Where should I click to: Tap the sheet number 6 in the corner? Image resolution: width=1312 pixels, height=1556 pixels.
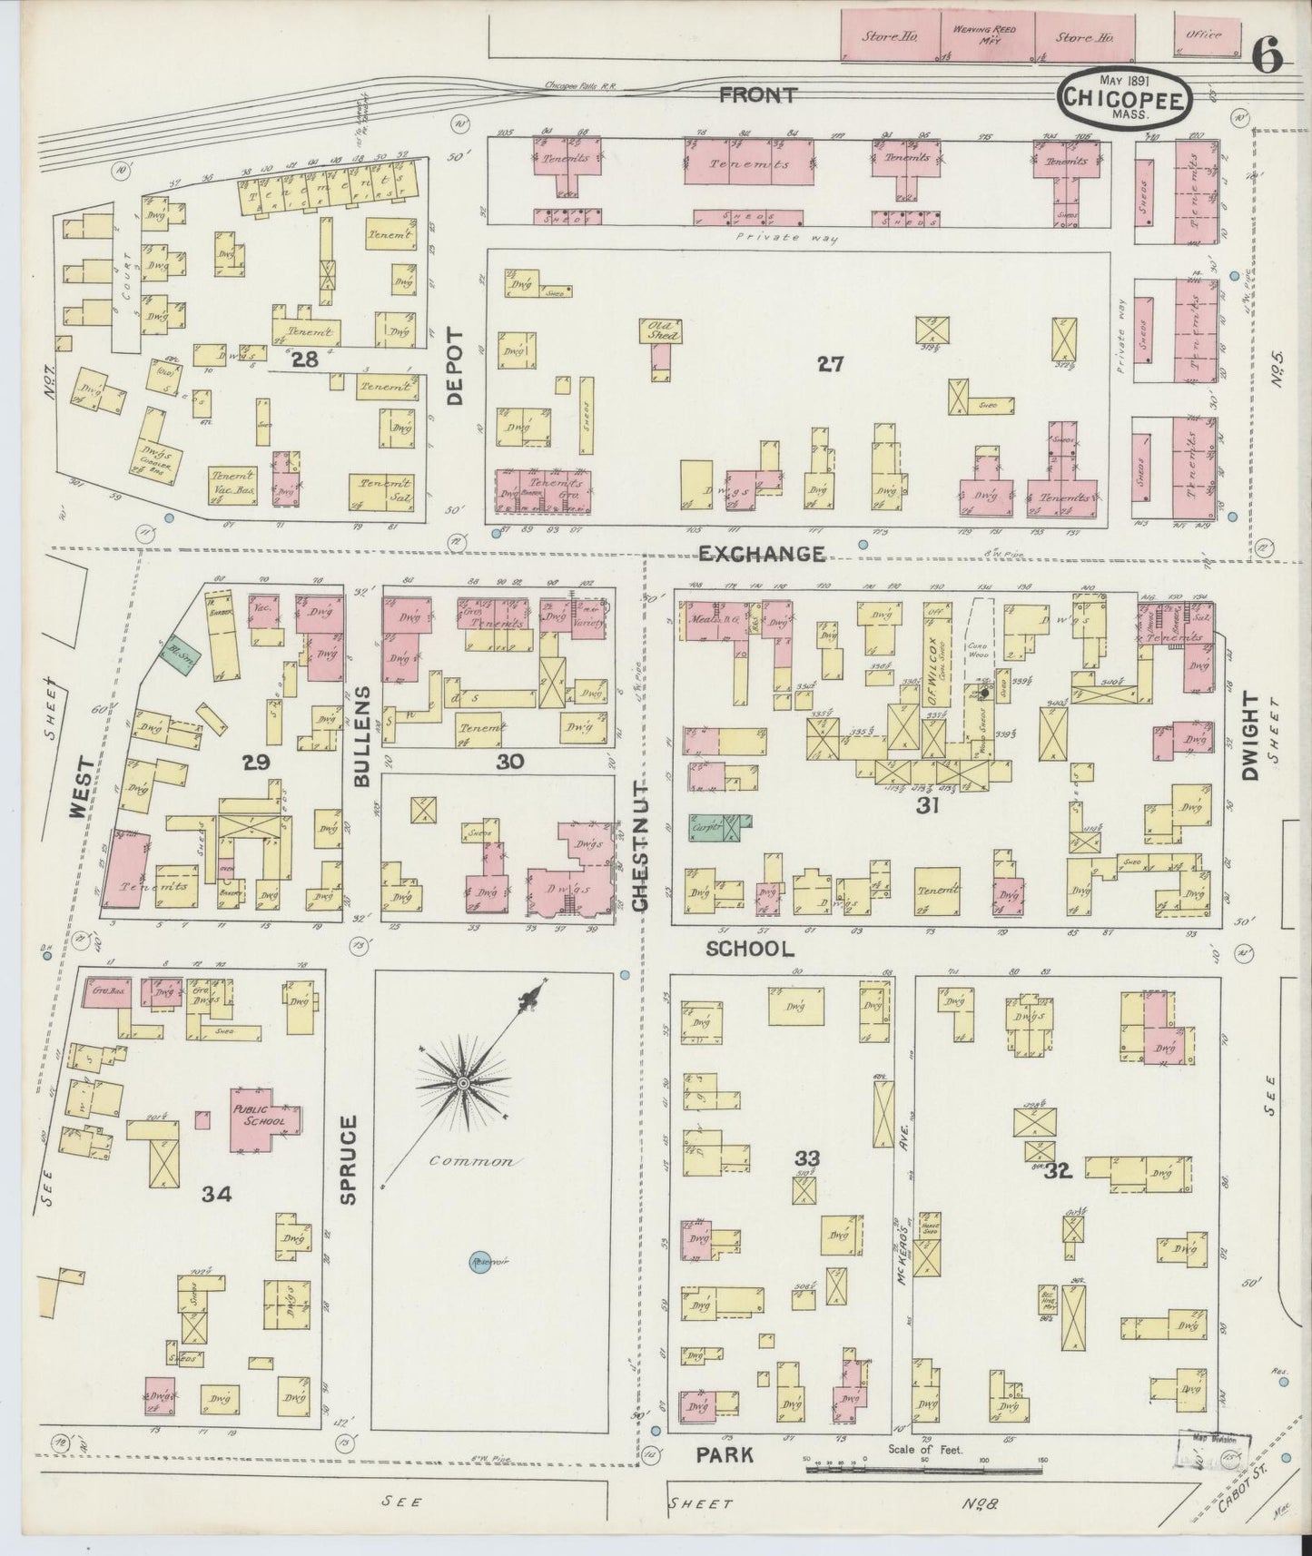pos(1268,57)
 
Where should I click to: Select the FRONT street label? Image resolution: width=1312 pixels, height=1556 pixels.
pos(759,94)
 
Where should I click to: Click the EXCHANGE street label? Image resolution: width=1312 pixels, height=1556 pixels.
pos(762,553)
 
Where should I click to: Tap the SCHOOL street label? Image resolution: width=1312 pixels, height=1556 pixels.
pos(750,949)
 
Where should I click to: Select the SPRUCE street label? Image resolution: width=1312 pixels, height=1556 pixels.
pos(350,1159)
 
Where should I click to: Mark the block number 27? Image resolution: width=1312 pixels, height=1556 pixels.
pos(830,365)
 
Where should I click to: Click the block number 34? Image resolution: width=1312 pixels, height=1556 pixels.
pos(217,1194)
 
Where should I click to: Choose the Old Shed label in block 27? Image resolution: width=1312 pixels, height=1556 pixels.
pos(662,329)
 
